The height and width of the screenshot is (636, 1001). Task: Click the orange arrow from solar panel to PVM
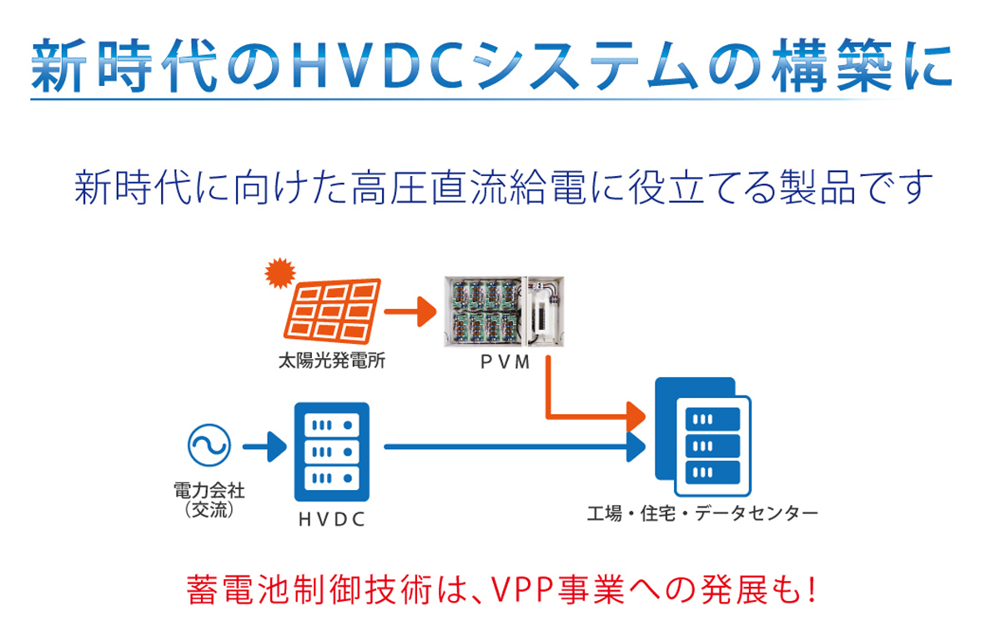click(412, 314)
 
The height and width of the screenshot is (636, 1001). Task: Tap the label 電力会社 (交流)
click(209, 498)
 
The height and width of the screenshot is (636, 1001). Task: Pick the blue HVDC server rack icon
click(331, 452)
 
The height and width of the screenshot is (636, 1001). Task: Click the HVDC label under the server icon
click(331, 519)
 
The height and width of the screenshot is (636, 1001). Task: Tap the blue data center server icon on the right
click(702, 441)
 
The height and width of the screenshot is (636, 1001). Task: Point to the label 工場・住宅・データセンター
click(702, 512)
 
